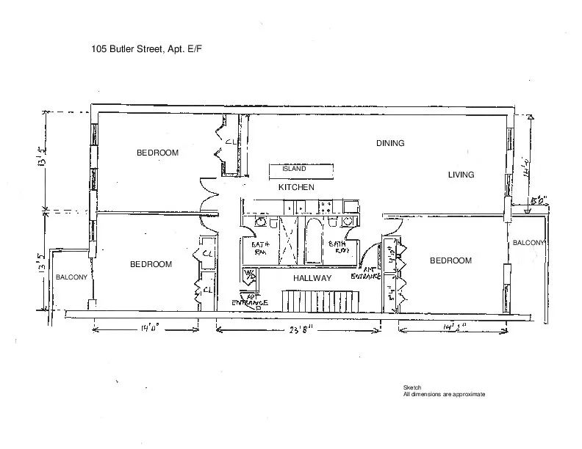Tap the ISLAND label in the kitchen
coord(294,169)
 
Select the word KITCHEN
coord(296,188)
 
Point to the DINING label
coord(390,143)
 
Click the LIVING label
coord(461,175)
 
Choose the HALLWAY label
coord(313,279)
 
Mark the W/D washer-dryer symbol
coord(250,276)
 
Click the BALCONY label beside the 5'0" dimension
coord(528,243)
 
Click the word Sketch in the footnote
coord(412,387)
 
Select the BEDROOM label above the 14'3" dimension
coord(450,260)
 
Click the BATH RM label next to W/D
coord(262,248)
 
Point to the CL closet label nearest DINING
coord(229,142)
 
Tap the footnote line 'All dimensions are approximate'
coord(444,394)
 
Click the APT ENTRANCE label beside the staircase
coord(251,301)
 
